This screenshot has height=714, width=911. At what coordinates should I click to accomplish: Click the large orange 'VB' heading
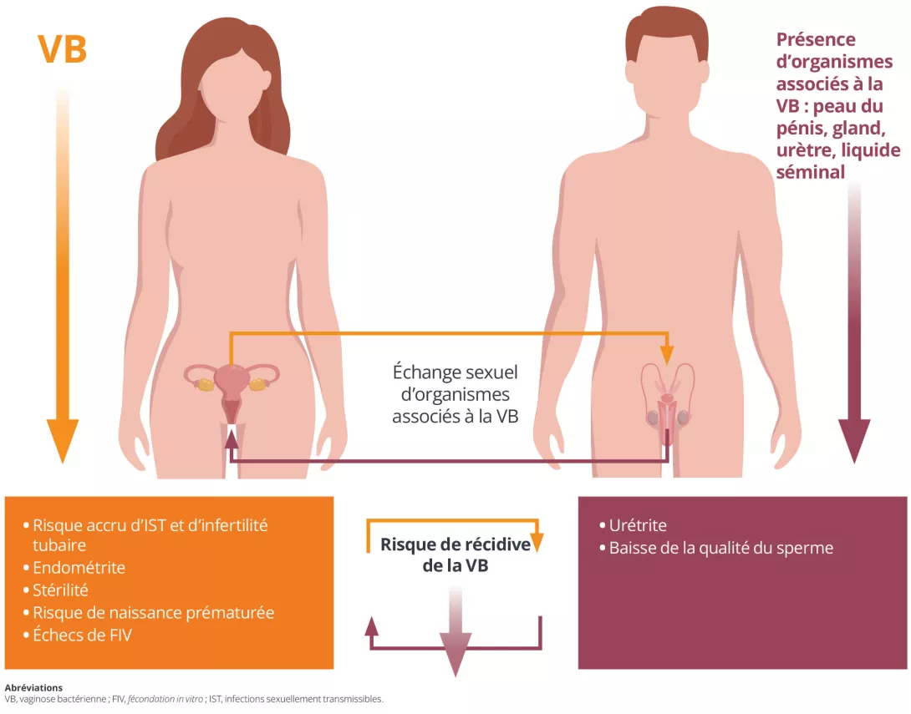pos(62,48)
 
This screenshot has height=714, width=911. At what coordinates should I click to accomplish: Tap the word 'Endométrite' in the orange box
pos(79,567)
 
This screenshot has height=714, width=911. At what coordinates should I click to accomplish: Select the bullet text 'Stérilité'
pos(60,590)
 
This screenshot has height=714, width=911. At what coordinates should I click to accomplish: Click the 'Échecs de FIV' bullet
pos(82,635)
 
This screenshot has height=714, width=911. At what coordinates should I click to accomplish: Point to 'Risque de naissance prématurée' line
pos(154,612)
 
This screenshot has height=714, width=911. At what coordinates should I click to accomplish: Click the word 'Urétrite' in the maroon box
pos(638,525)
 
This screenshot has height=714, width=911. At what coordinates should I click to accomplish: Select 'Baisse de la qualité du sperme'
pos(721,548)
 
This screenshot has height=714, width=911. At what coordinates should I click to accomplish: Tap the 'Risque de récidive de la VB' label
pos(455,555)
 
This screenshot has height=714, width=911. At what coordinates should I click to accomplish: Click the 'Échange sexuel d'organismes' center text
pos(455,383)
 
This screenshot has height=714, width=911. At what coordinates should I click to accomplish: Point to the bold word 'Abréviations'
pos(33,688)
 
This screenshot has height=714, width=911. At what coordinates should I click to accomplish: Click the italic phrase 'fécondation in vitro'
pos(165,699)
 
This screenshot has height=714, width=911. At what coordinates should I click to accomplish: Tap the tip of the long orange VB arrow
pos(62,463)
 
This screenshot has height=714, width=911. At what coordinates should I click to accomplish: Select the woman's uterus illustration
pos(232,389)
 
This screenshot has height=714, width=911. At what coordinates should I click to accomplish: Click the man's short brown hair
pos(667,32)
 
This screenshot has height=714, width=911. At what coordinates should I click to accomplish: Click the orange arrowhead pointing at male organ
pos(668,355)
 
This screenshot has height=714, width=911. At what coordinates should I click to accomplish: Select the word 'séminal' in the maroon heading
pos(811,172)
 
